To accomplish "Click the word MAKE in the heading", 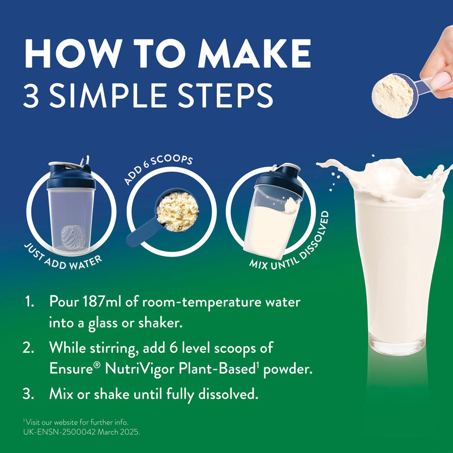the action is click(x=254, y=54).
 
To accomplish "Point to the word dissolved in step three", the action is click(x=228, y=394).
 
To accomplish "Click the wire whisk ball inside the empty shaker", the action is click(x=73, y=237).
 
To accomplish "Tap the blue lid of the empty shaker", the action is click(x=71, y=176).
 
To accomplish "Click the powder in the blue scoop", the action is click(x=177, y=211).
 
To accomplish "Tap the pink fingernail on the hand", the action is click(x=441, y=79).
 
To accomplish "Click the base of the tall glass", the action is click(x=398, y=345).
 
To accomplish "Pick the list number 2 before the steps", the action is click(x=28, y=348).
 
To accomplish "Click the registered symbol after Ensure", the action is click(x=97, y=365).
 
